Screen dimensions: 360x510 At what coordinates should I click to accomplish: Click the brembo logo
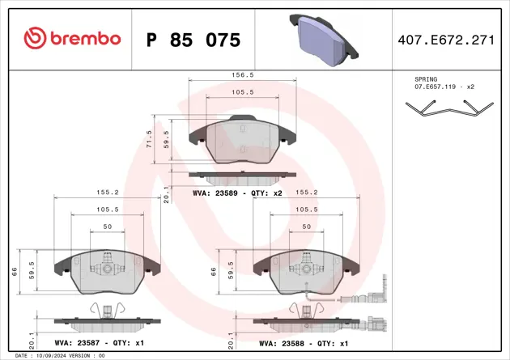click(x=72, y=38)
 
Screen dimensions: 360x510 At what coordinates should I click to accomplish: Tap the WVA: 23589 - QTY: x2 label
click(x=237, y=194)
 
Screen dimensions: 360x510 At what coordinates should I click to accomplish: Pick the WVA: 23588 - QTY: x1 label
click(x=303, y=343)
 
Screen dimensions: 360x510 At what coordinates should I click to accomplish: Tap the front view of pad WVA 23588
click(x=304, y=272)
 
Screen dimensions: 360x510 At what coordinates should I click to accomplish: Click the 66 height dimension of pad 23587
click(x=15, y=271)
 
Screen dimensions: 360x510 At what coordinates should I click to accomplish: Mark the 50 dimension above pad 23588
click(x=305, y=227)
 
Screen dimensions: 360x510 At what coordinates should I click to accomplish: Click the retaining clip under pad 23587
click(x=106, y=310)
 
